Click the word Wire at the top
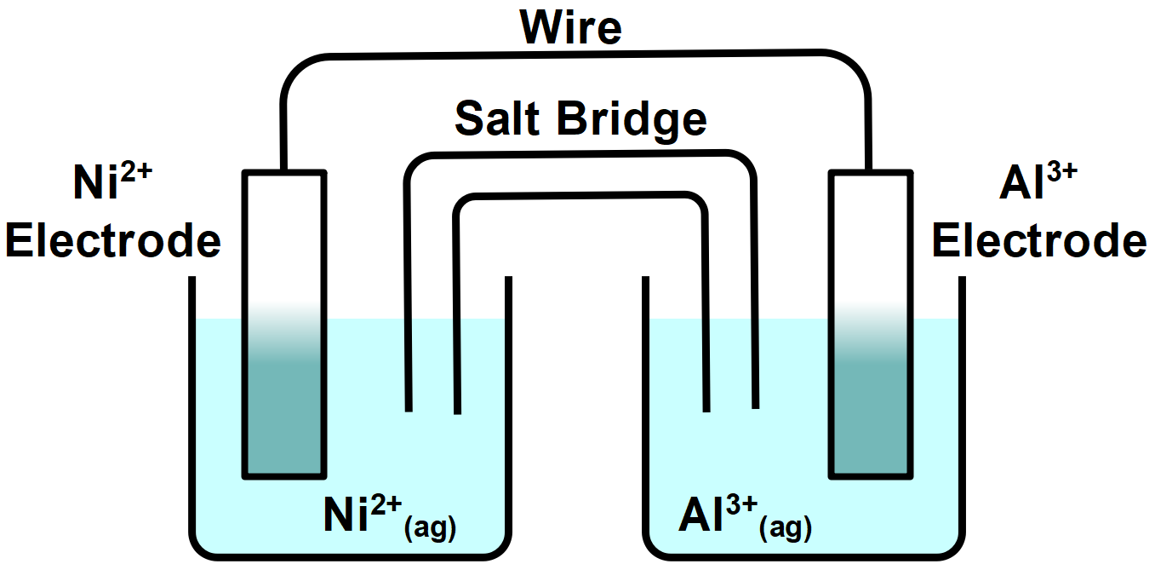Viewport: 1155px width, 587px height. (x=571, y=27)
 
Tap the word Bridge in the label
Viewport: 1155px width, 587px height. (x=632, y=118)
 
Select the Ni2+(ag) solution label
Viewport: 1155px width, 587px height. (x=390, y=517)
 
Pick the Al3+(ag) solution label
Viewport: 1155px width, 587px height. (x=745, y=517)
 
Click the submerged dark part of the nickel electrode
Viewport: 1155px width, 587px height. (x=284, y=417)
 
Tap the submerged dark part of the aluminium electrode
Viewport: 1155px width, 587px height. (x=872, y=417)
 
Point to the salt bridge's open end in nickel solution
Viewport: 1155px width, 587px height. (x=433, y=410)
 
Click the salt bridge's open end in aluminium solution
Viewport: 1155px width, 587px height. (x=730, y=408)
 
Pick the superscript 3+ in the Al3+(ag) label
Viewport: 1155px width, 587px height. (x=738, y=504)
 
